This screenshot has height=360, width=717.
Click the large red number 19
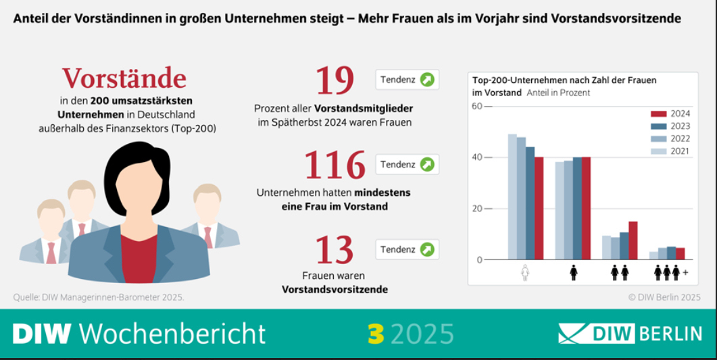pyautogui.click(x=335, y=80)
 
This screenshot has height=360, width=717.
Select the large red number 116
pyautogui.click(x=335, y=165)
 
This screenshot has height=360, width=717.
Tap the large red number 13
pyautogui.click(x=335, y=249)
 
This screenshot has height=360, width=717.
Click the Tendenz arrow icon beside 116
pyautogui.click(x=427, y=165)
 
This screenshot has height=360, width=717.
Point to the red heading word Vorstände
pyautogui.click(x=124, y=78)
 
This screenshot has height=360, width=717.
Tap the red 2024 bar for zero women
pyautogui.click(x=539, y=208)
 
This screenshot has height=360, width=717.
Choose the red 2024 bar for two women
pyautogui.click(x=633, y=240)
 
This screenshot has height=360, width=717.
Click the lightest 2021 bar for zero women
pyautogui.click(x=512, y=197)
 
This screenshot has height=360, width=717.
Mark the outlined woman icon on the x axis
pyautogui.click(x=526, y=272)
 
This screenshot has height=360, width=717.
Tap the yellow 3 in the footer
pyautogui.click(x=375, y=334)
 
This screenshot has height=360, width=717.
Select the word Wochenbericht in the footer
pyautogui.click(x=172, y=334)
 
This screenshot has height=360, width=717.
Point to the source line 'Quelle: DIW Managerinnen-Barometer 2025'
pyautogui.click(x=99, y=297)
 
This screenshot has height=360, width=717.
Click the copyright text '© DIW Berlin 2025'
pyautogui.click(x=664, y=297)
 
